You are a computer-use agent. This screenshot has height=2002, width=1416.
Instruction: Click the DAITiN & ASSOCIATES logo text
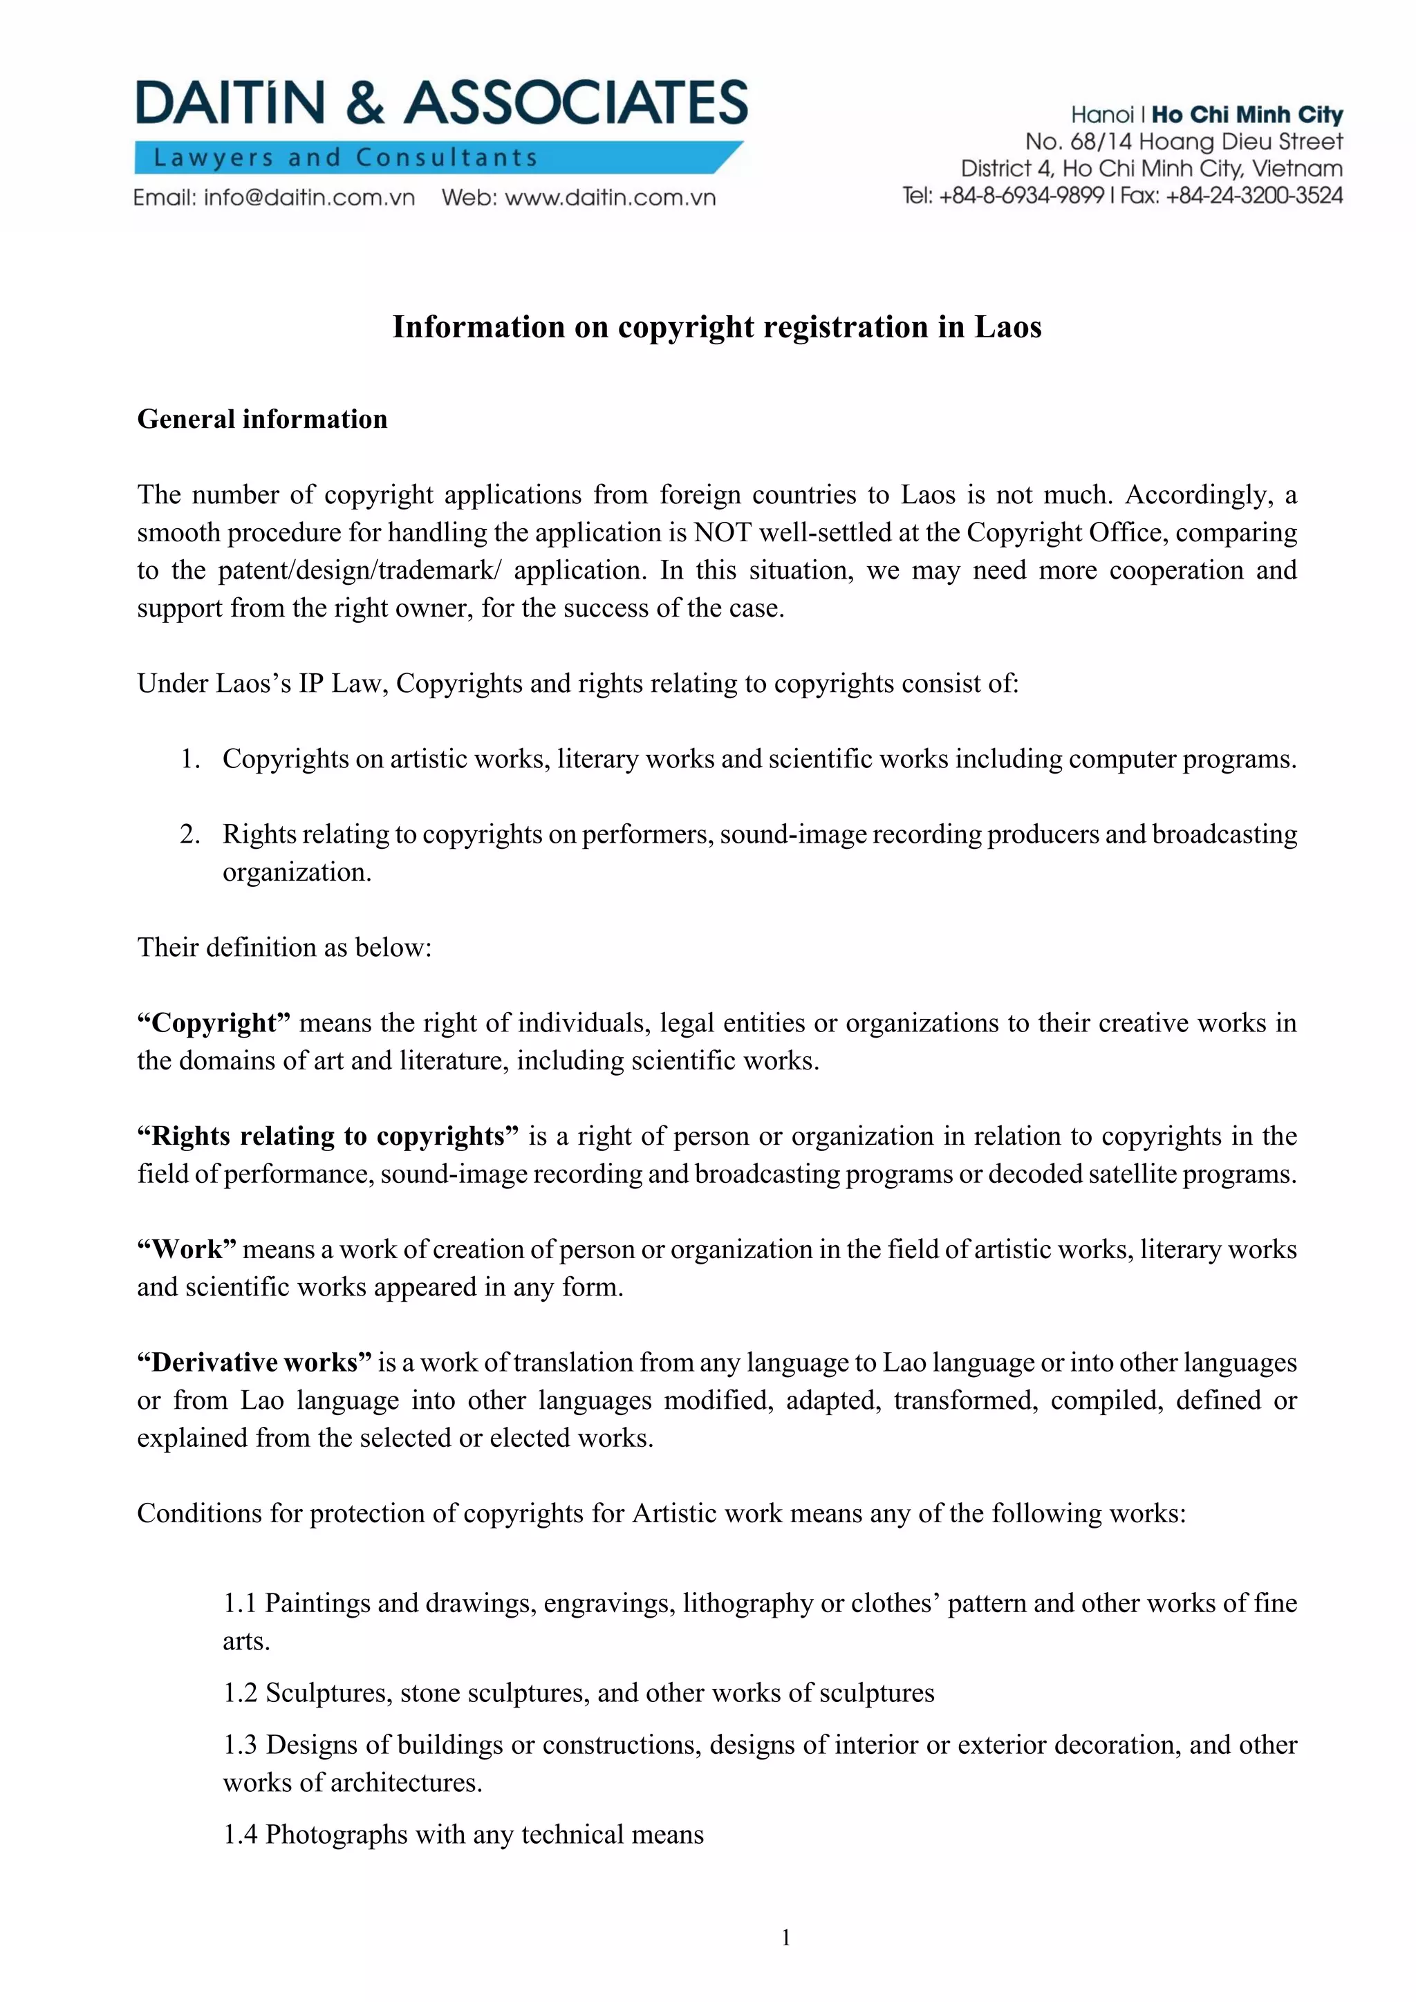point(441,103)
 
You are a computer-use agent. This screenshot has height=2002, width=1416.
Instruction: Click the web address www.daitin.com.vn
point(611,198)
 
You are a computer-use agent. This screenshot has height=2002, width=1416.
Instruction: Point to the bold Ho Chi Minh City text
point(1247,115)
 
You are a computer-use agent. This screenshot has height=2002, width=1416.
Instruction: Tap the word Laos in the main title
point(1008,327)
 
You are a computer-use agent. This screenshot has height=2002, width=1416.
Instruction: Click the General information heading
point(261,420)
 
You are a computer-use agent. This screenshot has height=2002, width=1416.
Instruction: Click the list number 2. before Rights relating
point(190,834)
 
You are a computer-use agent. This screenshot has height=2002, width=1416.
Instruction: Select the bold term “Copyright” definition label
point(214,1023)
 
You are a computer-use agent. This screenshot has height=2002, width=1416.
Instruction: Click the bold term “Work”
point(187,1249)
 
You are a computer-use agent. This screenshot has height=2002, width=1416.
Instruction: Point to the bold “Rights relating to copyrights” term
point(328,1136)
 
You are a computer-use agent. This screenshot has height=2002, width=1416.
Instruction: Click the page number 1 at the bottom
point(785,1938)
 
